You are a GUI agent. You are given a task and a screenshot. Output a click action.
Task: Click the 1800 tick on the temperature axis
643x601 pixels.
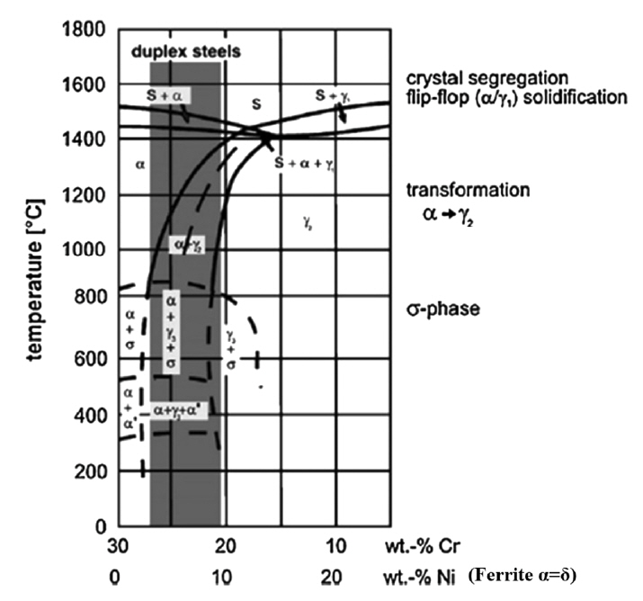click(x=88, y=29)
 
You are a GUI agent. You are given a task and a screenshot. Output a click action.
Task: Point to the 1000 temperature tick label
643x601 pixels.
click(x=88, y=249)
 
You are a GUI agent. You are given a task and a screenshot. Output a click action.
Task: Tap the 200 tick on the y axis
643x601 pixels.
click(x=93, y=471)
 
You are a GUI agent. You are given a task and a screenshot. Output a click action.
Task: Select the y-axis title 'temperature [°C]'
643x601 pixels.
click(x=37, y=278)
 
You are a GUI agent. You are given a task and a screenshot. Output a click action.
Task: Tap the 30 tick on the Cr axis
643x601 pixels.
click(x=114, y=548)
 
